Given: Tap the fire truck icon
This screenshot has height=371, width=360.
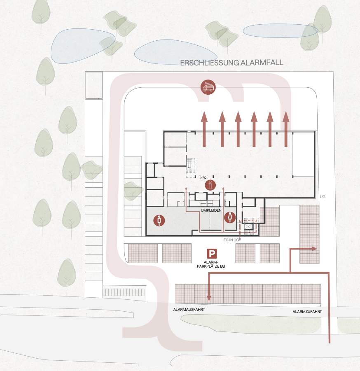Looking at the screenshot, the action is pos(208,87).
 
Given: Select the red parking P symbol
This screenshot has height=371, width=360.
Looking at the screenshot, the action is pos(212,254).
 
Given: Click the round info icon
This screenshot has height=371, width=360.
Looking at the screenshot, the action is pos(211,185).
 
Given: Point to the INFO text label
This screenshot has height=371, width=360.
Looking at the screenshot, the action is pos(203,177).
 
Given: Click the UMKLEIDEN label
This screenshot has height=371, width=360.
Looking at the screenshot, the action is pos(211,210).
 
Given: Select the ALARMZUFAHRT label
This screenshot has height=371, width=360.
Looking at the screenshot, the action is pos(307,312).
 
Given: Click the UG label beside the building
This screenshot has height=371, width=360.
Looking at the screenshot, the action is pos(323,197).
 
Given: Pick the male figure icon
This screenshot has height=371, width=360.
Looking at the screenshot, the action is pos(159,221).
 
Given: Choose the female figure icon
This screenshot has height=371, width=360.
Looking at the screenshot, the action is pos(230,217).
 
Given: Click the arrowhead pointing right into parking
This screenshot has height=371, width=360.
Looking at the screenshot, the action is pos(314,249).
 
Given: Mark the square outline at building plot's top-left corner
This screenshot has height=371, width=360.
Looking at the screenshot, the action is pos(94,85).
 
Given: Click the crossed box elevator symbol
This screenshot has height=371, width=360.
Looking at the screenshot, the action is pos(249,226).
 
